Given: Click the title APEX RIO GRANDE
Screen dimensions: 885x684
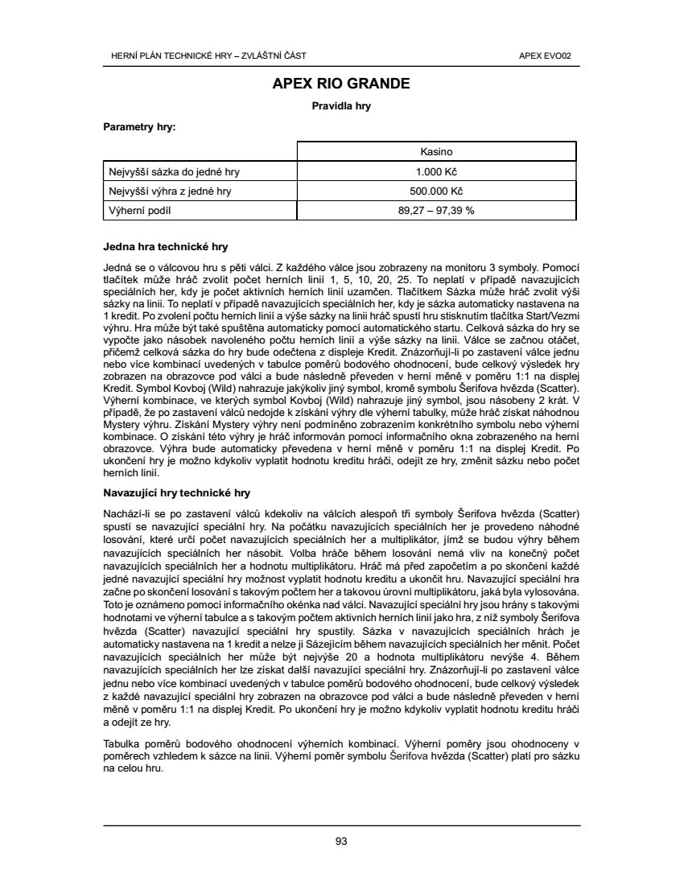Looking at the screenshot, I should click(x=341, y=84).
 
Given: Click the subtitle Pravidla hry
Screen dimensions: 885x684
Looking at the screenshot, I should click(x=341, y=105).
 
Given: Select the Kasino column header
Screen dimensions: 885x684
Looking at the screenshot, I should click(x=437, y=151).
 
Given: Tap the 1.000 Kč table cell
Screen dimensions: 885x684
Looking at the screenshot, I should click(x=437, y=171).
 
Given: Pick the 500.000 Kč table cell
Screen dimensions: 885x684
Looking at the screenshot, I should click(x=437, y=191).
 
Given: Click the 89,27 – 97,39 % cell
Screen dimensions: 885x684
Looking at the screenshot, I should click(x=437, y=211).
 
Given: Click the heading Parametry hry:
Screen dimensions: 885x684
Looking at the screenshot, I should click(x=140, y=126).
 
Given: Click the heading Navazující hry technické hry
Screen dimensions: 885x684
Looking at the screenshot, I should click(x=179, y=492).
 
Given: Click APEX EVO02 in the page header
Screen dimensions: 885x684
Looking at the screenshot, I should click(x=551, y=56).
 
